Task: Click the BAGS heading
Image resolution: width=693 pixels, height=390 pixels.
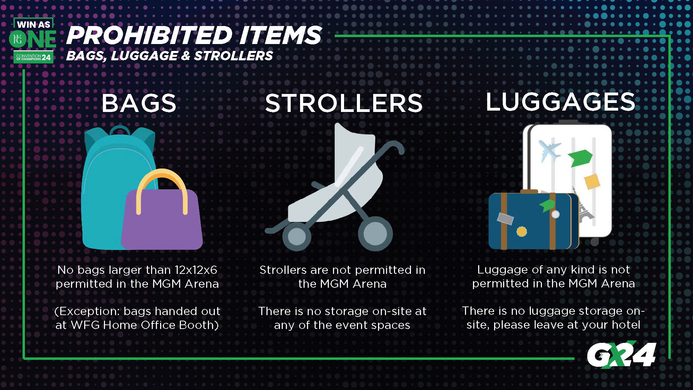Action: pyautogui.click(x=139, y=103)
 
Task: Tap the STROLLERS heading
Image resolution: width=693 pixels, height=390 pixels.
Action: pyautogui.click(x=344, y=103)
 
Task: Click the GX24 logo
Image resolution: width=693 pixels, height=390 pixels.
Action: pyautogui.click(x=622, y=354)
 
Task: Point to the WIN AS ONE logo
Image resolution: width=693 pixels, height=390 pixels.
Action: pyautogui.click(x=33, y=40)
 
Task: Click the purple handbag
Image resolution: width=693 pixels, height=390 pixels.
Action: pyautogui.click(x=162, y=218)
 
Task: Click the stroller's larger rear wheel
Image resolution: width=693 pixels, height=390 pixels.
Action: pyautogui.click(x=375, y=234)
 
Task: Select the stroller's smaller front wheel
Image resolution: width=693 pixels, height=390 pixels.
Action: pyautogui.click(x=297, y=237)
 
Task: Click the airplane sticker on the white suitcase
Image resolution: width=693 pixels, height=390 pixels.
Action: pyautogui.click(x=550, y=150)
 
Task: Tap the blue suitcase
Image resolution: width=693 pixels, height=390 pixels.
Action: pyautogui.click(x=534, y=220)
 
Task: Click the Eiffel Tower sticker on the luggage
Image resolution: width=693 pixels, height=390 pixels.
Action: pyautogui.click(x=584, y=205)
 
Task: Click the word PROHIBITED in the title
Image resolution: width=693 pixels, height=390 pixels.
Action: pyautogui.click(x=149, y=35)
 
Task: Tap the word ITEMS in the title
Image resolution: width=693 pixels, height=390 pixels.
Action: pyautogui.click(x=280, y=35)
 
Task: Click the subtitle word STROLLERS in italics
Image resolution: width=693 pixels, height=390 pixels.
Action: pyautogui.click(x=234, y=56)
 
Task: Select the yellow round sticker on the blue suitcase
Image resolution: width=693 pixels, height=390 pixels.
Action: pyautogui.click(x=522, y=231)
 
